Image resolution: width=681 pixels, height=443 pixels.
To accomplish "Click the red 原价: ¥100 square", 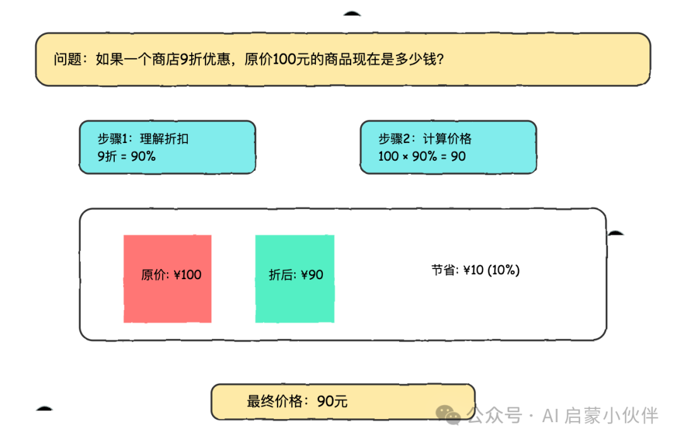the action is pyautogui.click(x=167, y=279).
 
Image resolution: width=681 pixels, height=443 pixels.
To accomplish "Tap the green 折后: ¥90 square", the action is pyautogui.click(x=294, y=279).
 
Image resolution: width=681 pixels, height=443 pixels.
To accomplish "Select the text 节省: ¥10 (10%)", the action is pyautogui.click(x=475, y=270).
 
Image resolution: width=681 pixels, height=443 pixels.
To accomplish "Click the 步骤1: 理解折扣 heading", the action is pyautogui.click(x=143, y=139).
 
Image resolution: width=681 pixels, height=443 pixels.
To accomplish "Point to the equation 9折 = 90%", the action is pyautogui.click(x=126, y=156).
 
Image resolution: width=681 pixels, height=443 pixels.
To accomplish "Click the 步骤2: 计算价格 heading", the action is pyautogui.click(x=425, y=139).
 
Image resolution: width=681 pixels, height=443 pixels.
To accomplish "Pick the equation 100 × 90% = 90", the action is pyautogui.click(x=422, y=156).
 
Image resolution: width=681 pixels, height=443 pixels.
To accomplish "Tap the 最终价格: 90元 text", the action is pyautogui.click(x=297, y=401).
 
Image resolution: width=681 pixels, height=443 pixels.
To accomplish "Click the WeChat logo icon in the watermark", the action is pyautogui.click(x=448, y=415).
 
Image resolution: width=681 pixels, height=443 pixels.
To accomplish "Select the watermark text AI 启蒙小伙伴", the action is pyautogui.click(x=600, y=415).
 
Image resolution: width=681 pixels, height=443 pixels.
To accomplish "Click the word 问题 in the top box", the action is pyautogui.click(x=67, y=59).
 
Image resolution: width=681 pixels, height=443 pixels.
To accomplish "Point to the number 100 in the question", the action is pyautogui.click(x=284, y=59).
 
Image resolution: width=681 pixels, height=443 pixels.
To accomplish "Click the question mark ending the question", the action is pyautogui.click(x=440, y=59).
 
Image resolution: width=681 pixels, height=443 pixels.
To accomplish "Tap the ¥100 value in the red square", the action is pyautogui.click(x=187, y=275).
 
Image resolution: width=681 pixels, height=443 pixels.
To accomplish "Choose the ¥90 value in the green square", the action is pyautogui.click(x=312, y=275).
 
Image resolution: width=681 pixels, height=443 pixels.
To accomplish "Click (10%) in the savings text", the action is pyautogui.click(x=503, y=270).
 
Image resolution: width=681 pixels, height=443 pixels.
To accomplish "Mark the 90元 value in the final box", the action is pyautogui.click(x=332, y=401).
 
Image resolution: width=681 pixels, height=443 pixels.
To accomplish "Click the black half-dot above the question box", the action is pyautogui.click(x=352, y=13).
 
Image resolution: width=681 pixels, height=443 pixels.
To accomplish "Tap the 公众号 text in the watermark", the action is pyautogui.click(x=495, y=415).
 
